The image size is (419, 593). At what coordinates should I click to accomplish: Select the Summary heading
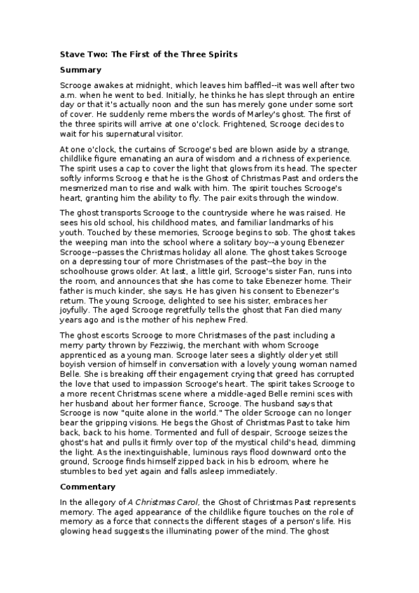(81, 69)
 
